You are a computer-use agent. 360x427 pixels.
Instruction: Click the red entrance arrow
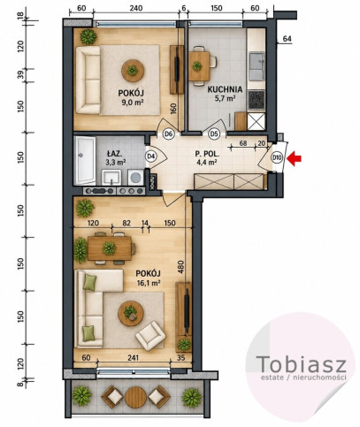295,158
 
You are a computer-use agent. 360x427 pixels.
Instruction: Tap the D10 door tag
277,157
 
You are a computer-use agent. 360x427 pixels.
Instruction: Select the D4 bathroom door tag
150,156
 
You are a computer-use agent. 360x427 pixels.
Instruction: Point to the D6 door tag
168,134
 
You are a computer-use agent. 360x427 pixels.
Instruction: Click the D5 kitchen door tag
214,134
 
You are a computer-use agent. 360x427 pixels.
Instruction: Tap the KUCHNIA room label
225,89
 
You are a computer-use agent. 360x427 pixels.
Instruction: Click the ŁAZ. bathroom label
114,153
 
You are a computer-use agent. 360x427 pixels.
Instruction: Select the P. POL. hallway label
207,154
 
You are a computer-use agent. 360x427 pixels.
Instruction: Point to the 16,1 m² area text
149,283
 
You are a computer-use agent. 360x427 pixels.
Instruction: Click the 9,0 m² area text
131,103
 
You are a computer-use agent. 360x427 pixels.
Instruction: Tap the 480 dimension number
180,267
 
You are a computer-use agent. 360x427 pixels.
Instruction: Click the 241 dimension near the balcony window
133,358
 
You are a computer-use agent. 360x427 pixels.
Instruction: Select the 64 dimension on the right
287,38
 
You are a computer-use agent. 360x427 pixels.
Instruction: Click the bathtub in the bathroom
85,160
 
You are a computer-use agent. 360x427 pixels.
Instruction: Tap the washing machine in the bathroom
135,177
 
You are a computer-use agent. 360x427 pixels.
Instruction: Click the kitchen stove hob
257,100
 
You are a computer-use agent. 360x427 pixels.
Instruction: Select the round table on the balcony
135,397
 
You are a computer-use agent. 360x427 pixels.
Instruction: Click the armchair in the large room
149,335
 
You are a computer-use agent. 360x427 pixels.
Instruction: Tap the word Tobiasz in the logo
301,363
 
